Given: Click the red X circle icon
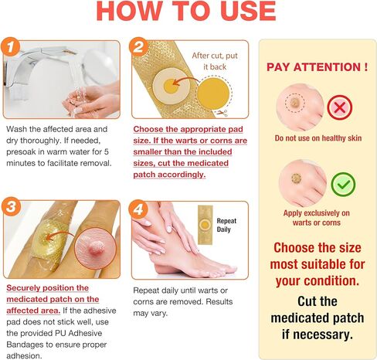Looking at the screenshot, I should [x=338, y=107].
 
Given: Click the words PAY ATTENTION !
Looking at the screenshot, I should [x=318, y=67].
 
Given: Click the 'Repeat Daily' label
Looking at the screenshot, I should [x=227, y=225].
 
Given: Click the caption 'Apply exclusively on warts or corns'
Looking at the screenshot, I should [x=318, y=216].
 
